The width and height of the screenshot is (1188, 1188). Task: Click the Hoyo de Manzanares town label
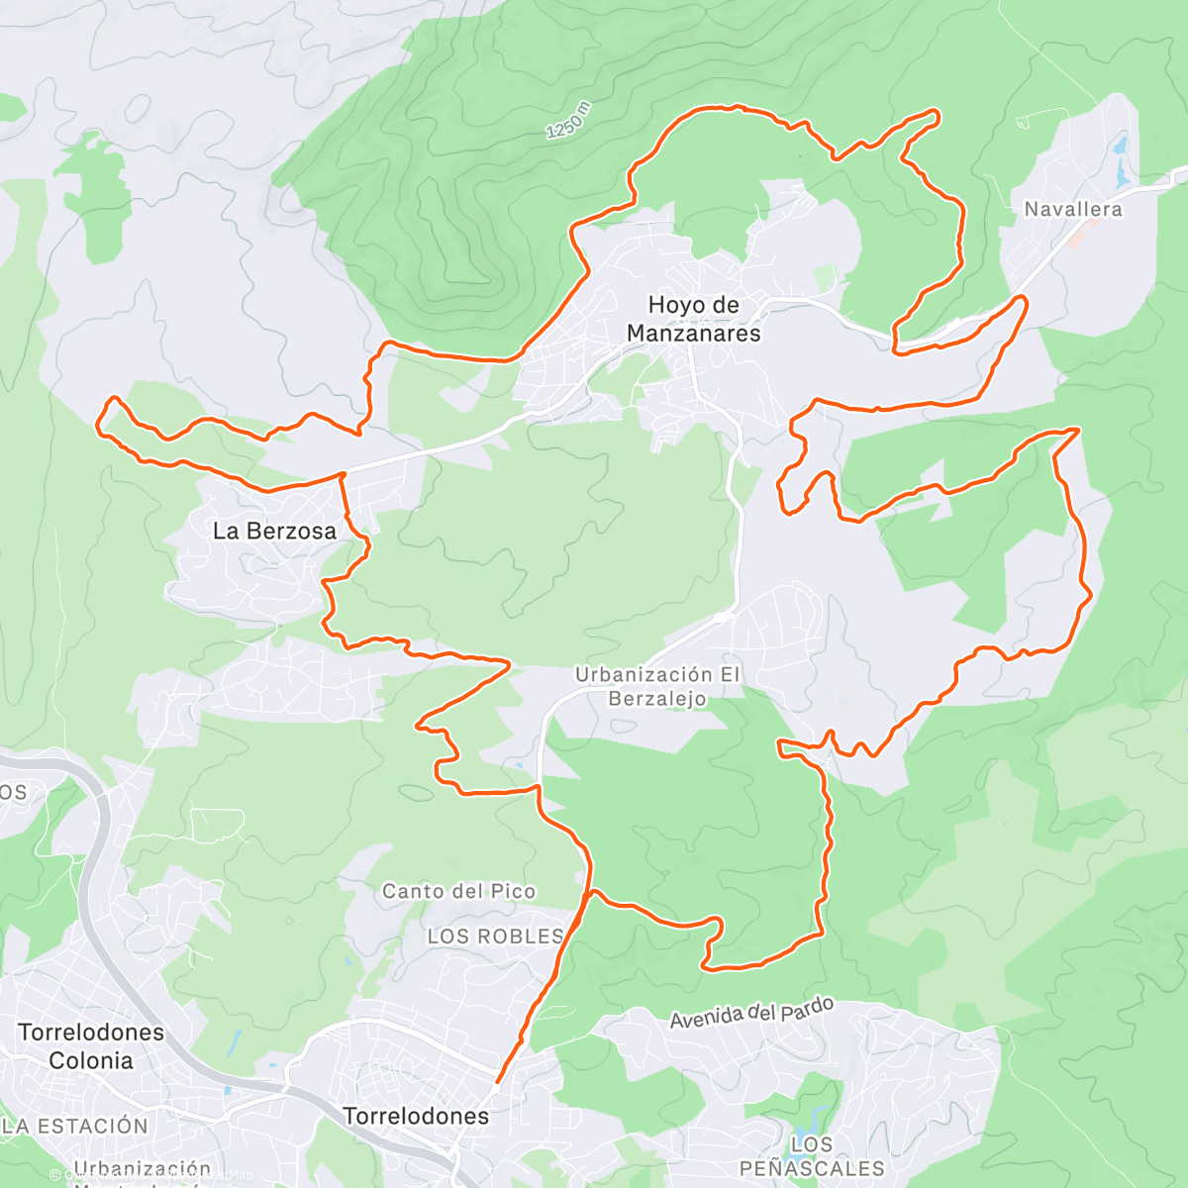693,319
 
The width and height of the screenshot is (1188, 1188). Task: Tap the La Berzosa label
274,532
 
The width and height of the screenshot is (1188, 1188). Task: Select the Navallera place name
1073,209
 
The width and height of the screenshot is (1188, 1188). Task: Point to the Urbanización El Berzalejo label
657,686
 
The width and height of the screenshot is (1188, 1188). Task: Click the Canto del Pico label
458,891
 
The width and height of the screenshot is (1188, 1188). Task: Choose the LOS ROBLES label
495,937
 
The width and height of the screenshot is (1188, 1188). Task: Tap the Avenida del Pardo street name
751,1013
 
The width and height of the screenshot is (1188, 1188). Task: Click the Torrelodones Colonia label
91,1046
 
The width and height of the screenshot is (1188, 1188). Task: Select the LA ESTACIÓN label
75,1126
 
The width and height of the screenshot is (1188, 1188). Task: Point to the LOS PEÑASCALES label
812,1156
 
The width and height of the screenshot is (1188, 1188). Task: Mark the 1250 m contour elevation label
568,120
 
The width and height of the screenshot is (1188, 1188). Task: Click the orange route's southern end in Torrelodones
497,1081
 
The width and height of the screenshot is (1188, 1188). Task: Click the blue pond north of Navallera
1121,163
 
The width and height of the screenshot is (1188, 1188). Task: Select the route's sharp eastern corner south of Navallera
1077,430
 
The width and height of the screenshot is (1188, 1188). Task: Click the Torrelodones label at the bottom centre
416,1116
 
